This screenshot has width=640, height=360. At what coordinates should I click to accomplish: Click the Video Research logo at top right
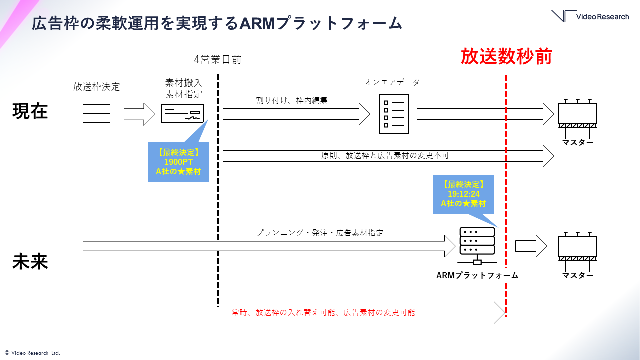click(x=590, y=16)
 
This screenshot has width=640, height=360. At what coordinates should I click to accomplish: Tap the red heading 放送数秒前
click(x=506, y=57)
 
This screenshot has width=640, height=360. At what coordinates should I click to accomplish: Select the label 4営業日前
click(x=218, y=60)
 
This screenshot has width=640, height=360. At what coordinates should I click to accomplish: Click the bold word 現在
click(x=30, y=111)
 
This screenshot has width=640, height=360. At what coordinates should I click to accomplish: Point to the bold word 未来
click(x=30, y=262)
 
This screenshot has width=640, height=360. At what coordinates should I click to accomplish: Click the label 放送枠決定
click(x=96, y=87)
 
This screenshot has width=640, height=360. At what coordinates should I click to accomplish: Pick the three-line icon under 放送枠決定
click(x=96, y=113)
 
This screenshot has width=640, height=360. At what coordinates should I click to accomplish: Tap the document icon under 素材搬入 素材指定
click(x=182, y=114)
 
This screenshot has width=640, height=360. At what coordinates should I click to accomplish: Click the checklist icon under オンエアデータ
click(x=393, y=113)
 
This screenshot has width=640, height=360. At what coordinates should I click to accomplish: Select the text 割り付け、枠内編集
click(x=291, y=100)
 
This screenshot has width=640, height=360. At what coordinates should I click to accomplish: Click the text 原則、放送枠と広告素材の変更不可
click(x=385, y=155)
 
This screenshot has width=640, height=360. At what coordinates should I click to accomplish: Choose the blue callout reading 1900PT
click(x=178, y=162)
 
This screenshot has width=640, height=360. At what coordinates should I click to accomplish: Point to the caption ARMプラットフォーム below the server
click(x=477, y=275)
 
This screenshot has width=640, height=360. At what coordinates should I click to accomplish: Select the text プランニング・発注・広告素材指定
click(x=320, y=233)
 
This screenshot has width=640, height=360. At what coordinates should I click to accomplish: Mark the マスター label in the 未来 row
click(x=577, y=275)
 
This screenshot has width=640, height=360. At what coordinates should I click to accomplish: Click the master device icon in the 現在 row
click(x=577, y=116)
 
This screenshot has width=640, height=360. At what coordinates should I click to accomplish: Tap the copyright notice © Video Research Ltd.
click(x=32, y=353)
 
